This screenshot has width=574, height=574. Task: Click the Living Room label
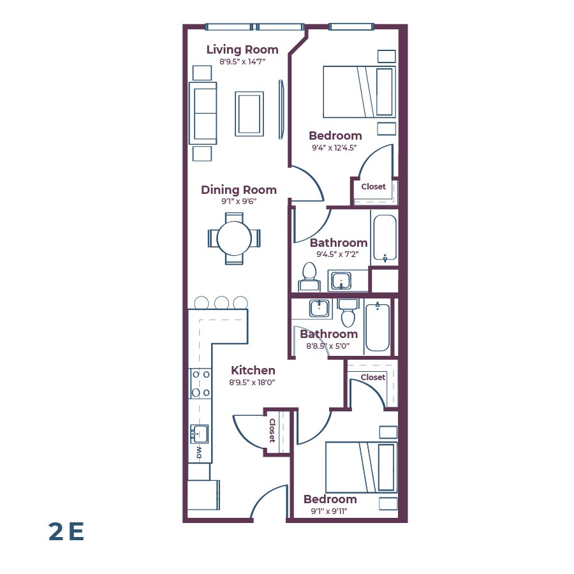[242, 50]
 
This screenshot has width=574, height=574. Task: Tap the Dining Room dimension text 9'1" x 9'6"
[239, 202]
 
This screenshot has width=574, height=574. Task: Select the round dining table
[234, 238]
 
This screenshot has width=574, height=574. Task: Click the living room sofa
[203, 113]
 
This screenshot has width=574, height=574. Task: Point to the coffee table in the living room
[249, 114]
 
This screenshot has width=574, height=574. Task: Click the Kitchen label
[253, 371]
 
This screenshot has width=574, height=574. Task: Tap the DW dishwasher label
[199, 452]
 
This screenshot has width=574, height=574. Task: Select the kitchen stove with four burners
[201, 384]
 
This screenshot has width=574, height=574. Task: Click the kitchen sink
[200, 434]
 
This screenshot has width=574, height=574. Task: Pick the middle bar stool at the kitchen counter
[221, 303]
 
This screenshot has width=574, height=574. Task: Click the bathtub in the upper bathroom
[385, 238]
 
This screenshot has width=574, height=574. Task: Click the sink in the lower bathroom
[319, 309]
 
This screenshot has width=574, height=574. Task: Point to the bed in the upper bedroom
[358, 92]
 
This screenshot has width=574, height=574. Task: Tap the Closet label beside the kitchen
[272, 430]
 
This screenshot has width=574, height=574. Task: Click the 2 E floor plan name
[66, 531]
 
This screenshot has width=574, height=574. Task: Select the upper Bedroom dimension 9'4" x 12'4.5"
[334, 147]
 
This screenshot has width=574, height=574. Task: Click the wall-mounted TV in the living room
[281, 109]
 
